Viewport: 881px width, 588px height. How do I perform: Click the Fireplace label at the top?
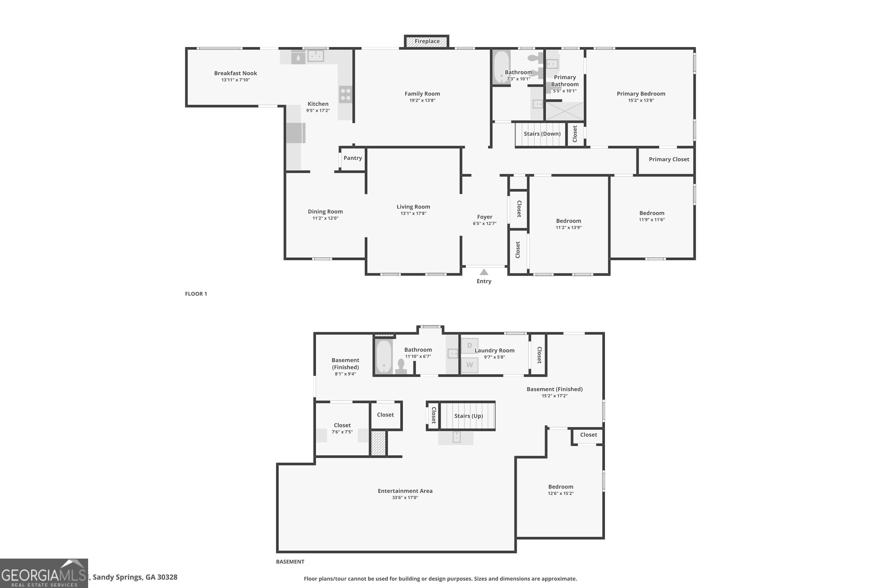(x=427, y=41)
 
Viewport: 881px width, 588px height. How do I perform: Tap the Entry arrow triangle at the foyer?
(x=484, y=272)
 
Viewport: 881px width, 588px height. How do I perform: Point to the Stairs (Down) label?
(x=542, y=133)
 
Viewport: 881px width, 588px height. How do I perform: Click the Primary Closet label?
(x=669, y=159)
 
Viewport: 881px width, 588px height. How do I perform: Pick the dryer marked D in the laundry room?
(x=469, y=345)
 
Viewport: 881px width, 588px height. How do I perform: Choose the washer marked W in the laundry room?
(x=469, y=365)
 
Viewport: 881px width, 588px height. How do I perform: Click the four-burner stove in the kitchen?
(x=345, y=94)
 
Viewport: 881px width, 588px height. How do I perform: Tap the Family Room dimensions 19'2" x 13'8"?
(x=422, y=101)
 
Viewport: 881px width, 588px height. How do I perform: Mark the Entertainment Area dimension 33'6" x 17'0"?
(x=405, y=498)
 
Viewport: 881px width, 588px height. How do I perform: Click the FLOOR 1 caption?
(x=196, y=294)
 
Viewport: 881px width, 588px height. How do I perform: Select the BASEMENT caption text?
(x=290, y=561)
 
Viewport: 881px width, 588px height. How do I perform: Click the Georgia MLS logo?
(x=44, y=573)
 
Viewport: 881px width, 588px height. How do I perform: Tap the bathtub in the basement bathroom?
(x=384, y=357)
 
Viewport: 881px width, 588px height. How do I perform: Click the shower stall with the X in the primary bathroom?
(x=564, y=111)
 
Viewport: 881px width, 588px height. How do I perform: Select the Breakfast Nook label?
(x=235, y=73)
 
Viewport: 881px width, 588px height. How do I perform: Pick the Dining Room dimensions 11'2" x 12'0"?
(x=325, y=218)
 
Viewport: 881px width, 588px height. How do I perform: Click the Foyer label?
(x=484, y=217)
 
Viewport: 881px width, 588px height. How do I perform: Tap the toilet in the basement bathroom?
(x=401, y=366)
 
